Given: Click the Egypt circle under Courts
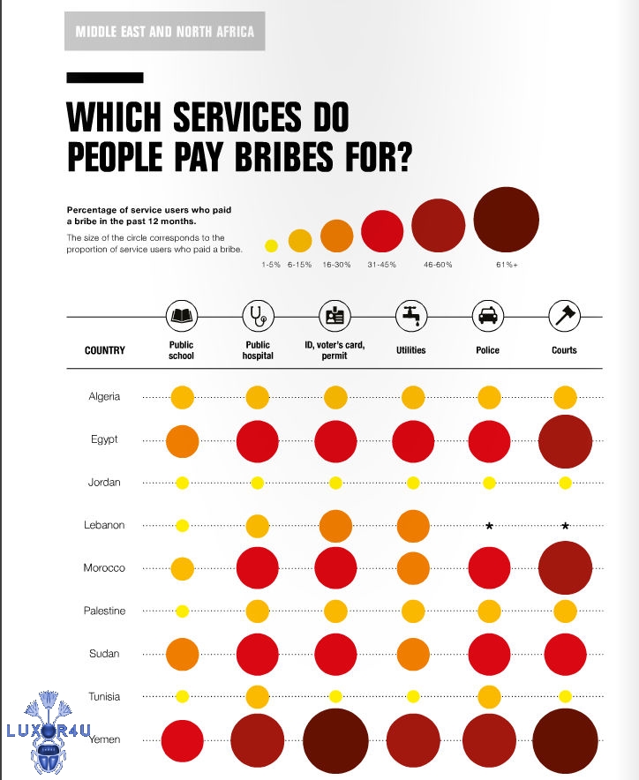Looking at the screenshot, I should [565, 440].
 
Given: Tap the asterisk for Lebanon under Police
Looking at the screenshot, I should [488, 526].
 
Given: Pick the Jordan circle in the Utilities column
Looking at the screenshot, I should [412, 483].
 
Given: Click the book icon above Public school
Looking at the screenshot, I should [182, 314].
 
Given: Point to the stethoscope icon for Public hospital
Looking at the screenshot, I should [258, 314].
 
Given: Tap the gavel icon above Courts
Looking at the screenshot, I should [564, 314].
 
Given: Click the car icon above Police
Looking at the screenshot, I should [488, 314].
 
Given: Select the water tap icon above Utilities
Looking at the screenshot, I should [411, 314].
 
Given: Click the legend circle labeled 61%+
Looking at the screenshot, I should [506, 221].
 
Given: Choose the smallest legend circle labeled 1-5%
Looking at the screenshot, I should [271, 245].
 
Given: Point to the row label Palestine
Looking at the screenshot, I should [105, 611].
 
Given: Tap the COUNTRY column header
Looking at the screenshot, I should [105, 350].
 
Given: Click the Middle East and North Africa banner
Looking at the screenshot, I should [165, 32].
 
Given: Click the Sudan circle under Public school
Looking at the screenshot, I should [182, 654].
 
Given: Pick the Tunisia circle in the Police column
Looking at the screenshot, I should [488, 696].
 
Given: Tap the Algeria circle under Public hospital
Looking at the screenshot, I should [258, 397].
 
